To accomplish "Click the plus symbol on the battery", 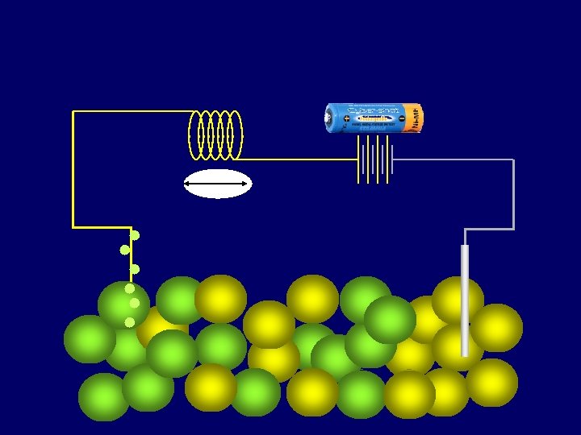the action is click(x=346, y=119).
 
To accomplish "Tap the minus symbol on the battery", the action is click(x=402, y=119).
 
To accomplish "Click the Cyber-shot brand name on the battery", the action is click(x=372, y=110).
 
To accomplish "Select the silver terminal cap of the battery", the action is click(x=328, y=118).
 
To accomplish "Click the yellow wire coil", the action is click(x=215, y=134).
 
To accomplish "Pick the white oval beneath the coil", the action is click(x=218, y=184).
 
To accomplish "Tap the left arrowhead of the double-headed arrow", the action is click(x=187, y=184).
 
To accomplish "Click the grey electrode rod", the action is click(x=465, y=298).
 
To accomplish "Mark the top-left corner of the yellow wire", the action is click(x=73, y=112).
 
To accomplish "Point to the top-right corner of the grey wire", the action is click(x=513, y=160).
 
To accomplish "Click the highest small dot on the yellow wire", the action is click(x=135, y=235).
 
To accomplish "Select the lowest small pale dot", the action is click(x=129, y=322).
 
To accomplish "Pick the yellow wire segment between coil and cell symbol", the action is click(x=299, y=159).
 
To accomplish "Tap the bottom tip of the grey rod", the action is click(x=465, y=354).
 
